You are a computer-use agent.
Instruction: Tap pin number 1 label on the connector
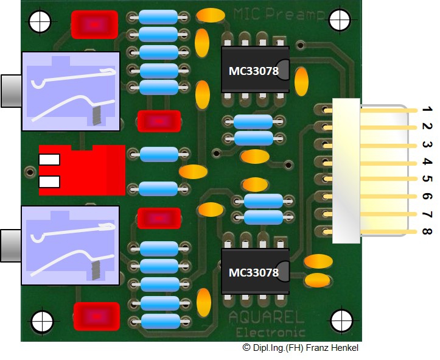(427, 110)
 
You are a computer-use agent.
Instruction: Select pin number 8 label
(427, 232)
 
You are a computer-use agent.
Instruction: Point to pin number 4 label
(427, 162)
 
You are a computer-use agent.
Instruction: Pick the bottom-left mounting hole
(42, 321)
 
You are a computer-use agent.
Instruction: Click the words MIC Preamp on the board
(271, 14)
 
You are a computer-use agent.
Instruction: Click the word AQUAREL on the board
(267, 319)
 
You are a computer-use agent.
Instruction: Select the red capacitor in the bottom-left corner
(96, 316)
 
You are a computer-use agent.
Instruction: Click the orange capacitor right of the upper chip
(301, 79)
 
